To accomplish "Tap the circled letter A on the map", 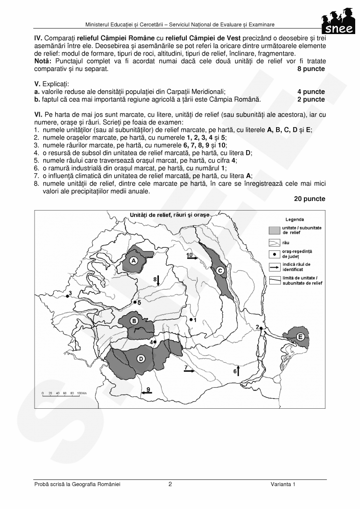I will tap(134, 260).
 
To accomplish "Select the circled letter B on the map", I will tap(135, 320).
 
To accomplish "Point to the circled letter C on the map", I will tap(220, 271).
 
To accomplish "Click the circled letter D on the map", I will tap(141, 358).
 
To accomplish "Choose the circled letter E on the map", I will tap(300, 337).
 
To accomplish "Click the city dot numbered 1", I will tap(191, 320).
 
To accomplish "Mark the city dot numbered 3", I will tap(67, 297).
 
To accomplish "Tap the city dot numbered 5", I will tap(134, 303).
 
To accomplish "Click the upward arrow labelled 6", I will tap(238, 370).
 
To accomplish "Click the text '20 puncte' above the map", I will tap(309, 199).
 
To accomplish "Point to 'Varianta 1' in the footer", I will tap(283, 485).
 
